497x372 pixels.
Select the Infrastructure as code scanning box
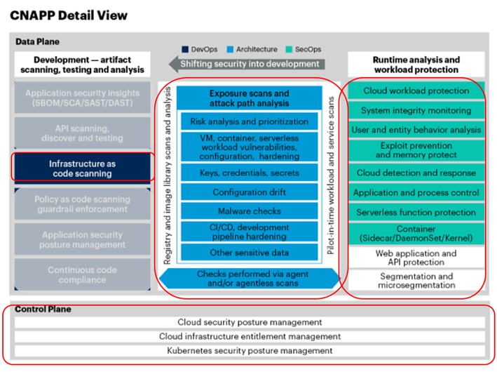pos(81,168)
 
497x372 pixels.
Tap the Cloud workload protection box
pos(416,91)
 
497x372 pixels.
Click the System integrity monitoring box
pos(416,110)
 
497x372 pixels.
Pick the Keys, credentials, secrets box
pos(249,172)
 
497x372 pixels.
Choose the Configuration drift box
pos(249,192)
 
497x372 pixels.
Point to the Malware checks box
pos(249,211)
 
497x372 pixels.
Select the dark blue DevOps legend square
pos(185,49)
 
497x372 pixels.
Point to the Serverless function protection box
pos(416,212)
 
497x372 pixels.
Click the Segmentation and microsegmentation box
pos(416,281)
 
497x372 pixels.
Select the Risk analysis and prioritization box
pos(249,121)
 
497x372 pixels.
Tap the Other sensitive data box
pos(249,253)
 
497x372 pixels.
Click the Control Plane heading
pos(43,309)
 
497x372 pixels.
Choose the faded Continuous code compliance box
pos(81,275)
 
